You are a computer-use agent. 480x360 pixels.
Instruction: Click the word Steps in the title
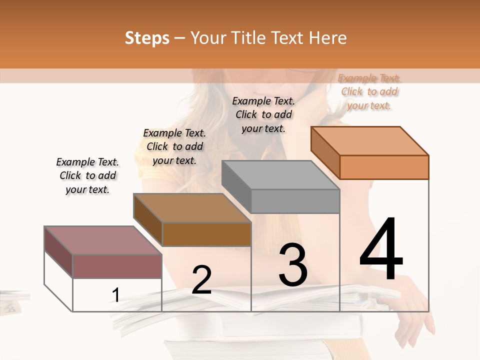coord(147,38)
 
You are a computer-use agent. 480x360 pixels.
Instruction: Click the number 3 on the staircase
coord(293,265)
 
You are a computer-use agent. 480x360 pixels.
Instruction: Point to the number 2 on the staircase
coord(201,280)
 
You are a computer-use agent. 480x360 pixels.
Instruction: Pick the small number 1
coord(116,295)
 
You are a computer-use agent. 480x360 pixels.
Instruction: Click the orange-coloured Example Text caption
coord(369,91)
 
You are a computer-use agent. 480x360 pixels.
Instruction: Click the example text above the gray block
coord(263,114)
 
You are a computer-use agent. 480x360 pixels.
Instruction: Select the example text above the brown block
coord(174,146)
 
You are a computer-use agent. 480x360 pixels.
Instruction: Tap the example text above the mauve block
coord(87,175)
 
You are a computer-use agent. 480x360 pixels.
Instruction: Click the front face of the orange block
coord(384,167)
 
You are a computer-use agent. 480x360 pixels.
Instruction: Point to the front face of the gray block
coord(295,201)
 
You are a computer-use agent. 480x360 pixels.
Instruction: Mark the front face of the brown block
coord(206,234)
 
